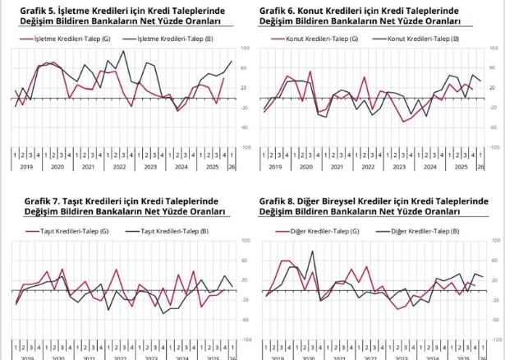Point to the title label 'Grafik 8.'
pos(278,201)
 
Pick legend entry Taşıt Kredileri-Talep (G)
pos(74,231)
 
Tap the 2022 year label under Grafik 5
pos(119,166)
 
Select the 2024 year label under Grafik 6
pos(429,166)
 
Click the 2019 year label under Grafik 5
pos(25,166)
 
